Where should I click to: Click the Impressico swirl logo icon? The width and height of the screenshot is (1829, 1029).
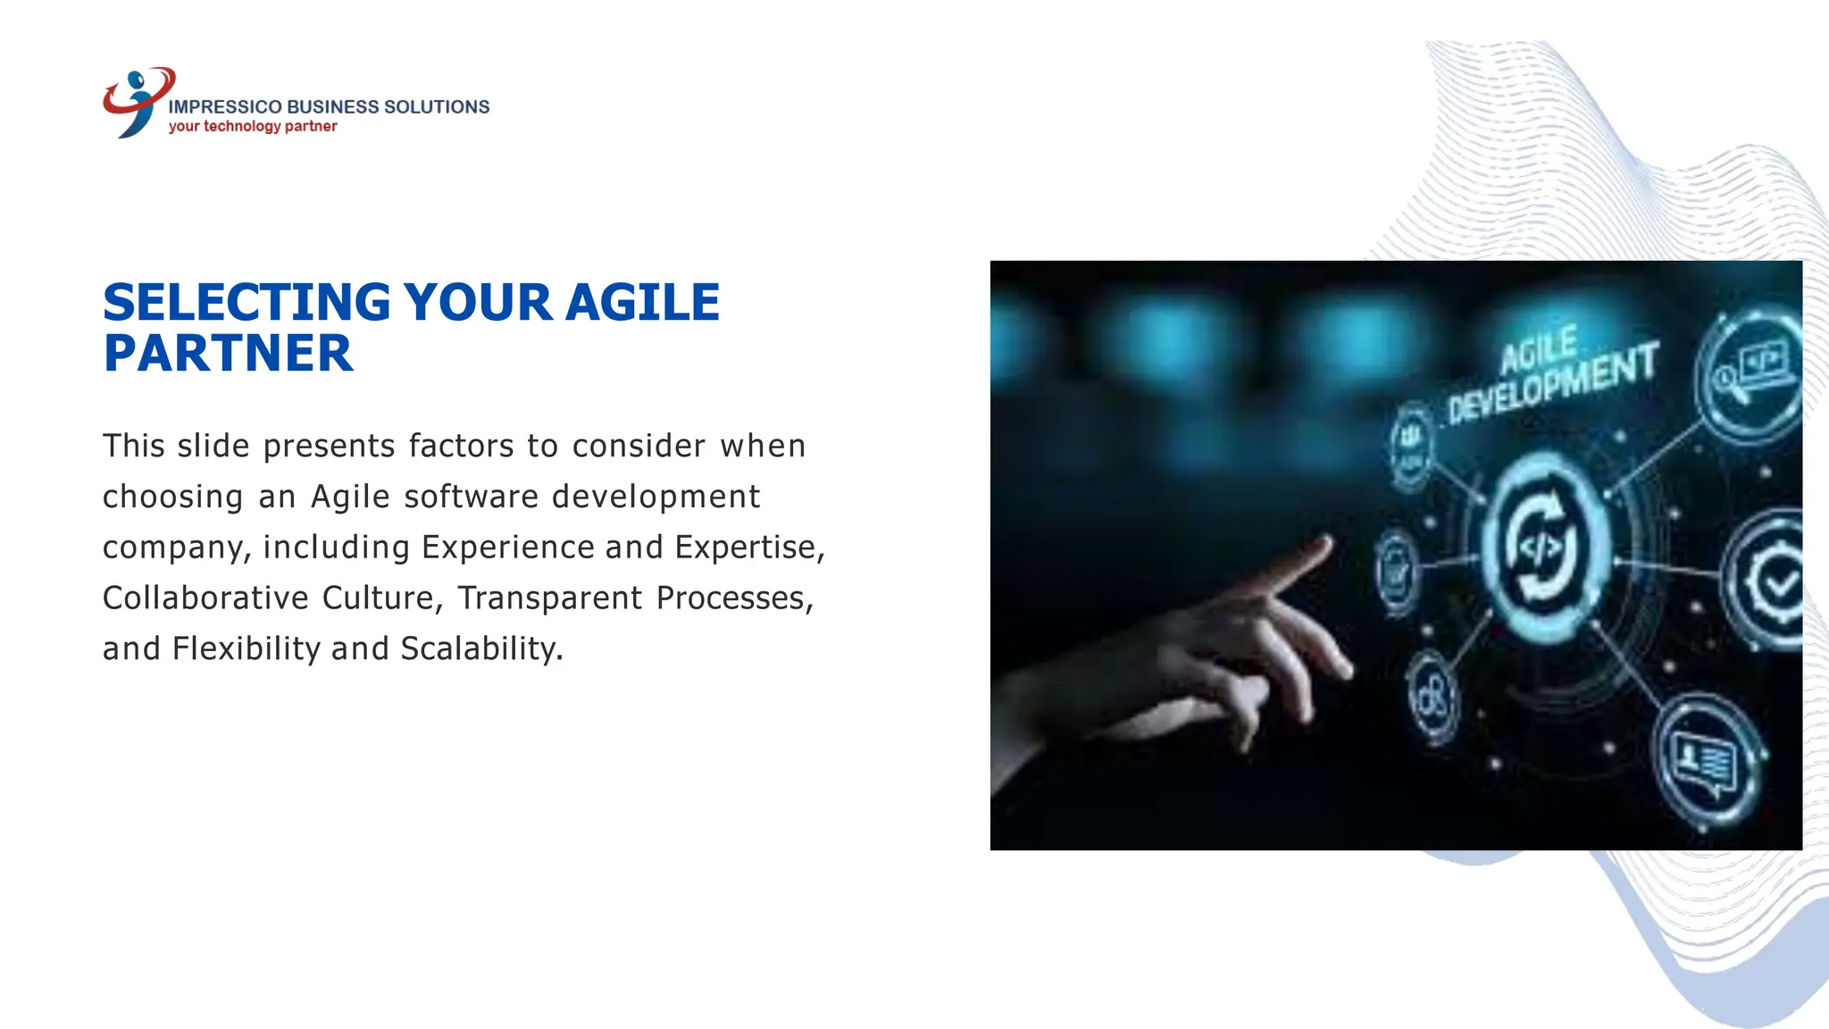pos(137,101)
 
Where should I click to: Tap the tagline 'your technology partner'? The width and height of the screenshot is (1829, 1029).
pos(253,126)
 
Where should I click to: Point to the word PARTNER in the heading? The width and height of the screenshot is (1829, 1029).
pos(228,353)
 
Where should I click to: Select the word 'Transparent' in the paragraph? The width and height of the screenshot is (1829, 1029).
pos(549,598)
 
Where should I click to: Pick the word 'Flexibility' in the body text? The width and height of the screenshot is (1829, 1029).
pos(246,648)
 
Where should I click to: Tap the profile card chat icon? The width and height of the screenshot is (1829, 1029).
pos(1704,761)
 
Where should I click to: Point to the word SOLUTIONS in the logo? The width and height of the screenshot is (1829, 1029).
pos(436,106)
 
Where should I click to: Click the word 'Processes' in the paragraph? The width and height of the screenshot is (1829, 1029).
pos(734,598)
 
